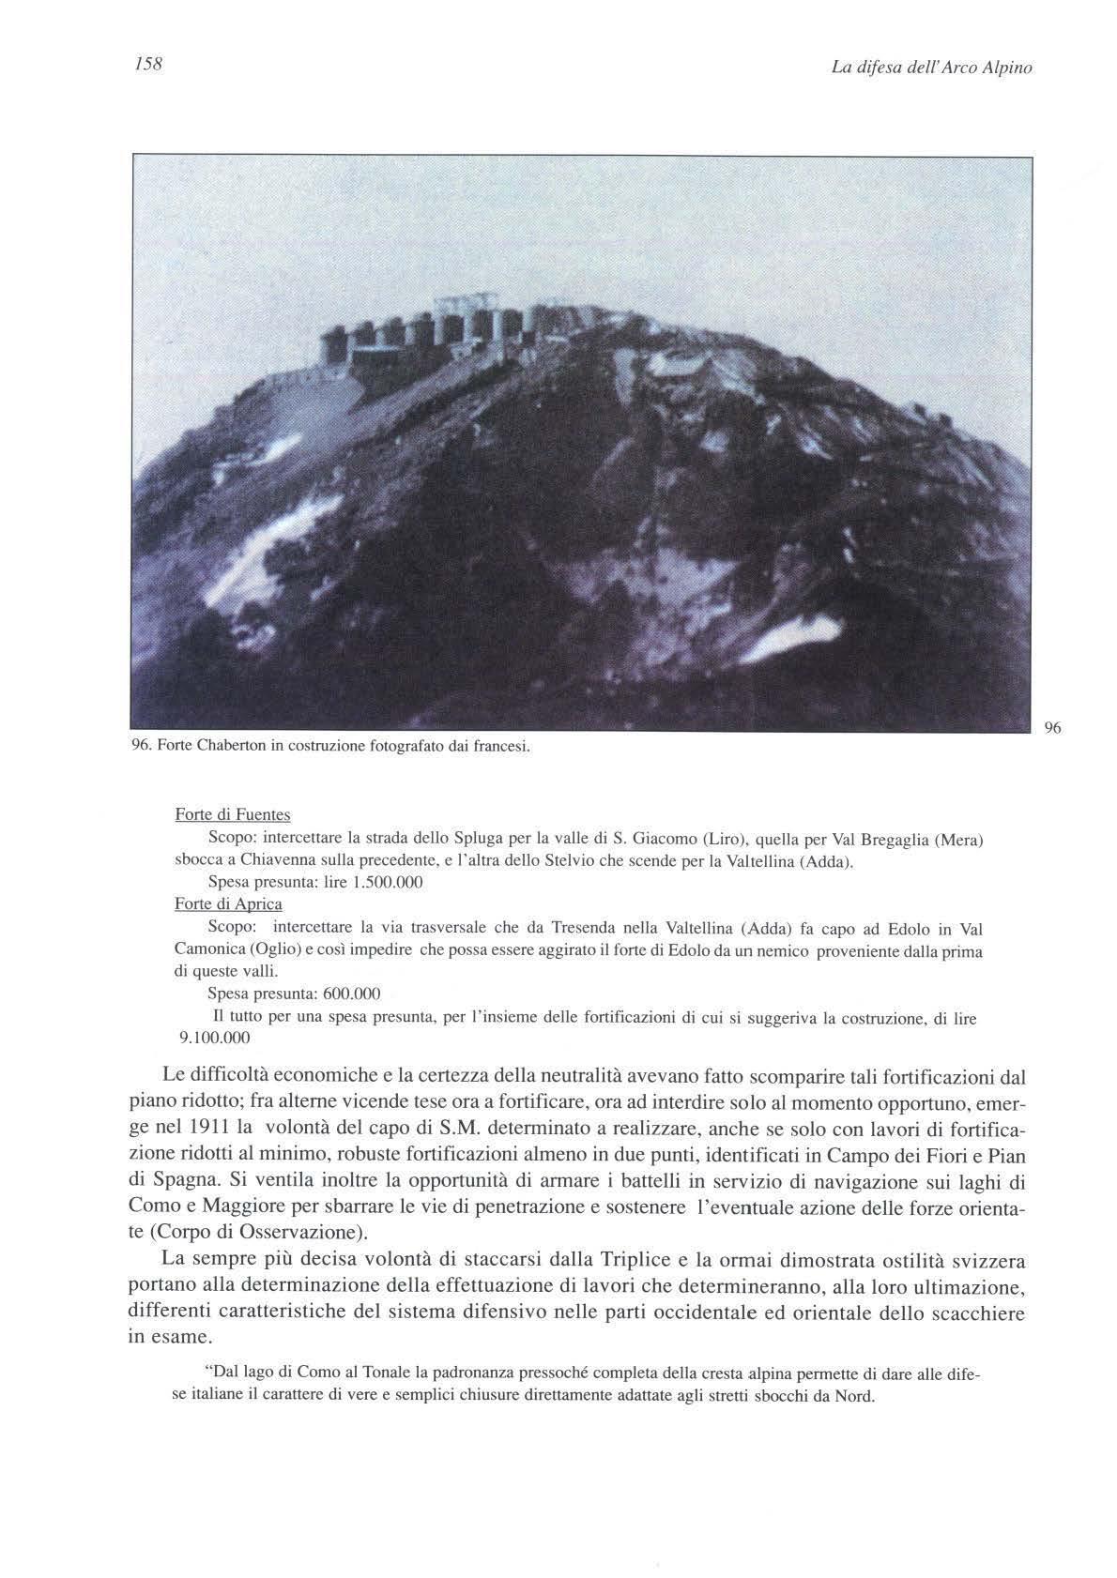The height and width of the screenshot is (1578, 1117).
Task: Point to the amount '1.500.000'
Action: coord(387,882)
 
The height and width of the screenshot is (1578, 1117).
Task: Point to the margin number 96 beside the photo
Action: coord(1051,727)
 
